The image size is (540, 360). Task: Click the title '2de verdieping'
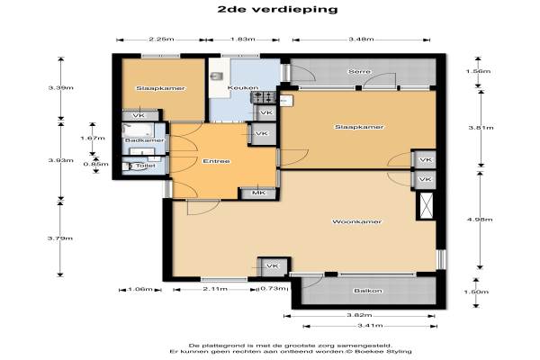(277, 9)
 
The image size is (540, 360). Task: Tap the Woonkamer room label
(356, 221)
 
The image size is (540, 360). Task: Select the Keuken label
(243, 88)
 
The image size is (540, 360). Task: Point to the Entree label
(216, 161)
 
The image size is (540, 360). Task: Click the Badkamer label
(144, 140)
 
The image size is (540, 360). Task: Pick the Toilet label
(145, 166)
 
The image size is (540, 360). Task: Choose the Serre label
(359, 72)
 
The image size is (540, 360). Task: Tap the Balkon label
(368, 291)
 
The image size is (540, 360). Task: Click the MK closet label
(259, 193)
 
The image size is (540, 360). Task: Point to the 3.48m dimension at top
(361, 40)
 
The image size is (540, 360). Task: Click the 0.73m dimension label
(274, 289)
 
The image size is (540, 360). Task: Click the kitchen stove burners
(265, 97)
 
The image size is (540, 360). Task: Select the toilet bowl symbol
(130, 166)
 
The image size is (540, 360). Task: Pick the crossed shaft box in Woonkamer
(427, 206)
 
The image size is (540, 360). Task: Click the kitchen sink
(217, 76)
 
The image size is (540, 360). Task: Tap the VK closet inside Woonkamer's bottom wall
(273, 266)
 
